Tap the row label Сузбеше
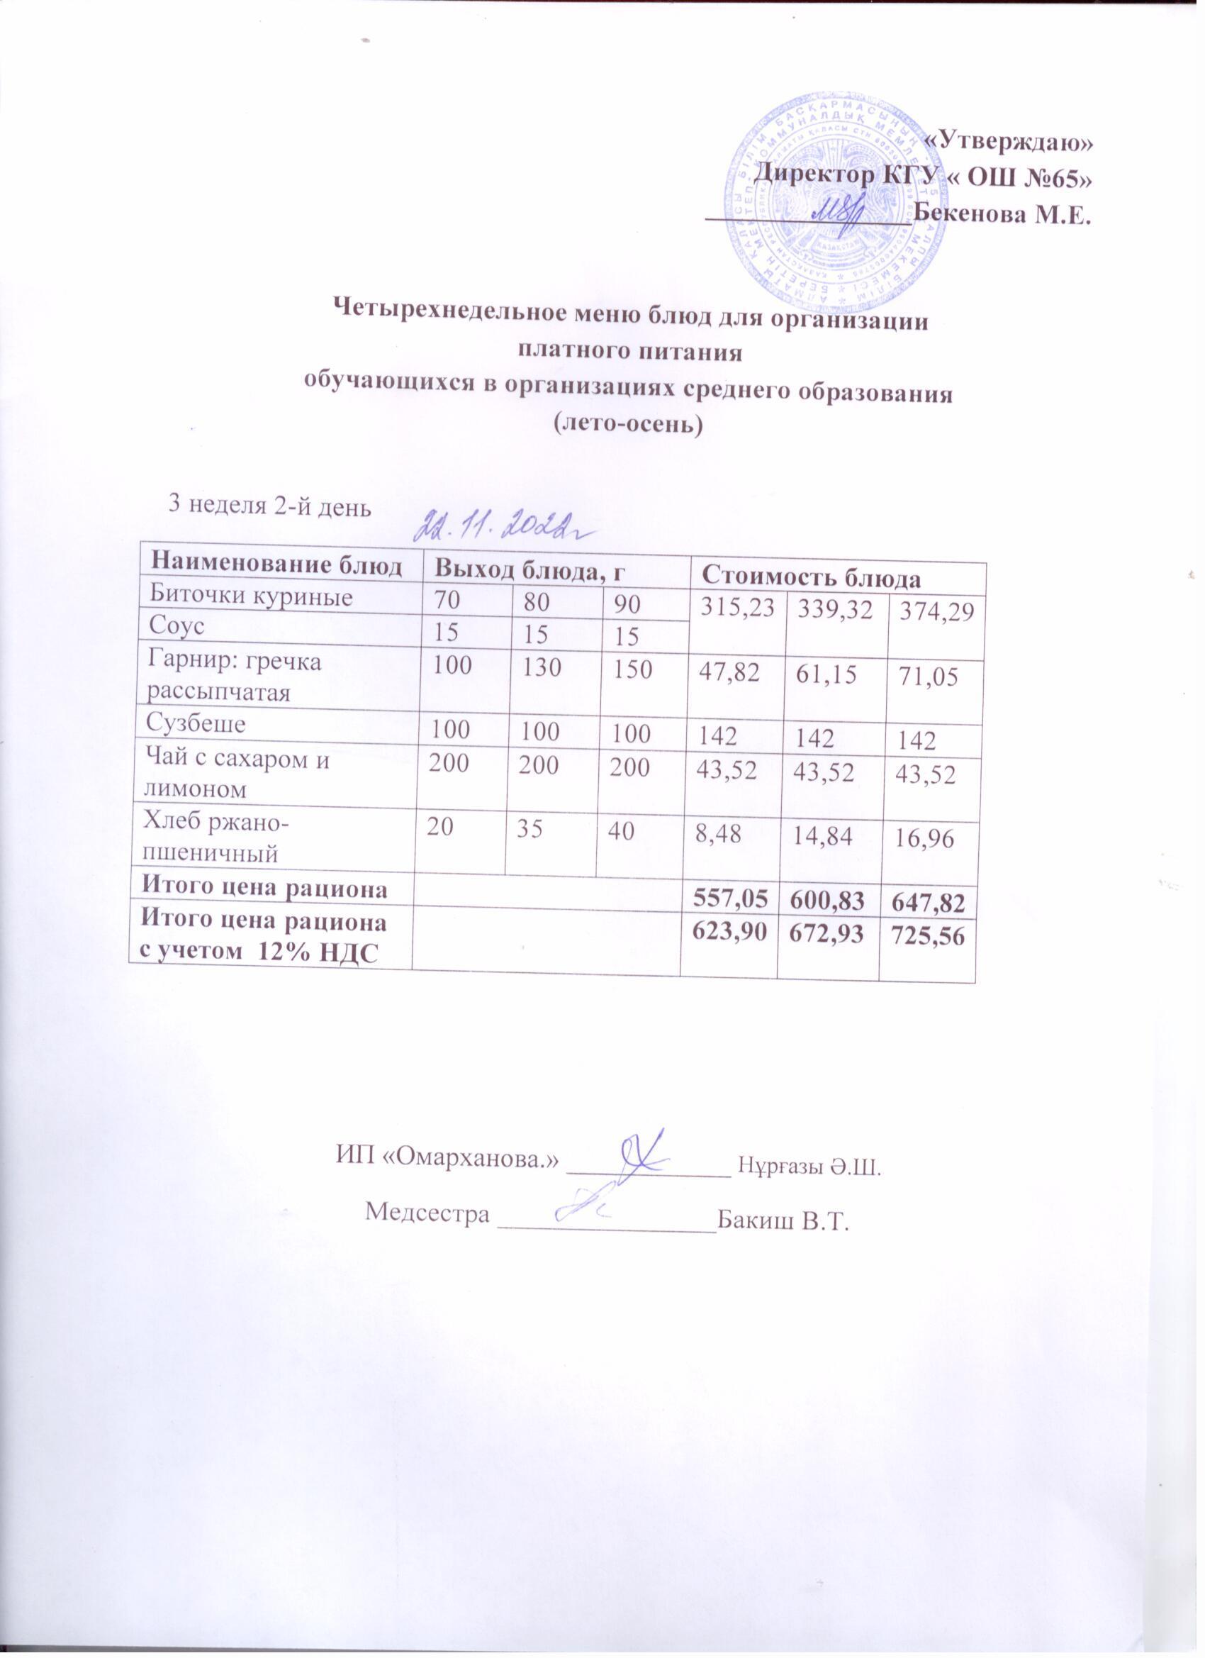[x=196, y=725]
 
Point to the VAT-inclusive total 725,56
[x=926, y=939]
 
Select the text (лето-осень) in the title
[x=628, y=425]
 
